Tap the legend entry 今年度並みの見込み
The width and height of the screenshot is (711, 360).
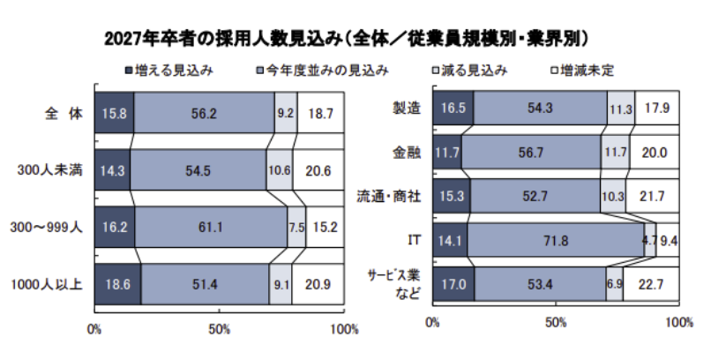(321, 69)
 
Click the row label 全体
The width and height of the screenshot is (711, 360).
(64, 113)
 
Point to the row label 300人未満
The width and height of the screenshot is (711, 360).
(54, 169)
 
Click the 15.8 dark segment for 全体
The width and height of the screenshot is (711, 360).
(114, 113)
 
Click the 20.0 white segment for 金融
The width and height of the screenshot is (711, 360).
(654, 153)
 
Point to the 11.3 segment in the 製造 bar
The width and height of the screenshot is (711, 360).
(620, 109)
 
